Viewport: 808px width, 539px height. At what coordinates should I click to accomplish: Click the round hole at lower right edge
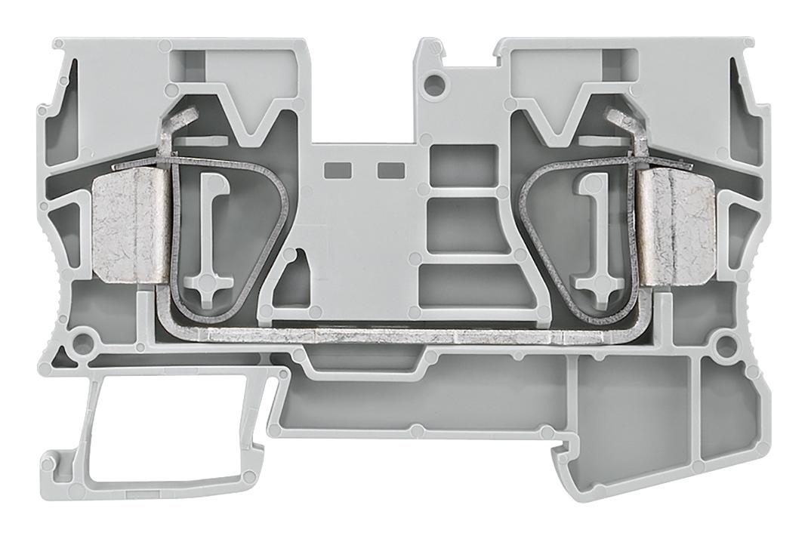[x=726, y=346]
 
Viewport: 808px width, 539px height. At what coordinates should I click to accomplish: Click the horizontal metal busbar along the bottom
[x=400, y=334]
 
